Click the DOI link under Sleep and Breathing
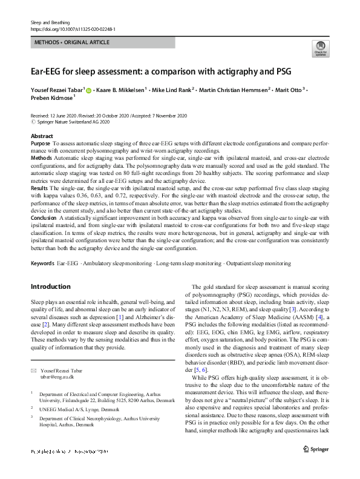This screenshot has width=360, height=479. point(73,28)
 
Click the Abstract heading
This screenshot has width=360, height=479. point(41,136)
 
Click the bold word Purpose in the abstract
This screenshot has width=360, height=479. point(40,143)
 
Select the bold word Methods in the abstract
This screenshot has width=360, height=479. point(41,157)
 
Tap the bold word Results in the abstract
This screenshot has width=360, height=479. point(40,188)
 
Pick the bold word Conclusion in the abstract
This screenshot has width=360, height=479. point(44,217)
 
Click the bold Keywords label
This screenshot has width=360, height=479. point(42,263)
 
